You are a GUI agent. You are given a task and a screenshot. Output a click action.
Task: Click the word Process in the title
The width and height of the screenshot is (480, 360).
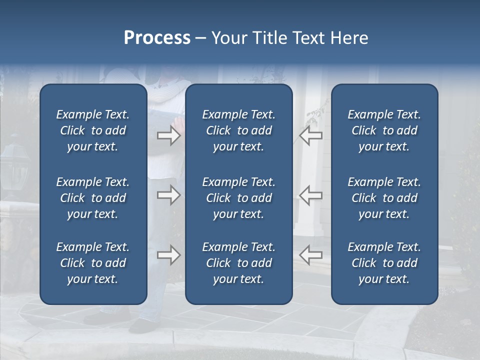157,38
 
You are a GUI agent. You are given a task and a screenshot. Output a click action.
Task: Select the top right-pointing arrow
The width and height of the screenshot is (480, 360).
168,135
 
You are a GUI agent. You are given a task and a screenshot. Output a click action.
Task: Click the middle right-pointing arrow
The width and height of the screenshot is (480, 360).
168,195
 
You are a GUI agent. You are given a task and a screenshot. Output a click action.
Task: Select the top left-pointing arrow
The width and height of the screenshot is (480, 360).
311,135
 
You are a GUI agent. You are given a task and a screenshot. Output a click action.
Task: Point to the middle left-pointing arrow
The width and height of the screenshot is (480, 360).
311,195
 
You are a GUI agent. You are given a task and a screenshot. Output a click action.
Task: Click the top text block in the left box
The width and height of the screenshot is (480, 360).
93,130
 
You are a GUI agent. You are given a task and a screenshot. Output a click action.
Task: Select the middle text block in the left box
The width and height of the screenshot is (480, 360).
93,198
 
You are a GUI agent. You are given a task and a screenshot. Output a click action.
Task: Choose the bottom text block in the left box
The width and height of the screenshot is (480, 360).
93,263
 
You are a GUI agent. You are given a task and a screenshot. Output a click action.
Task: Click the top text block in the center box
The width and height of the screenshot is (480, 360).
239,130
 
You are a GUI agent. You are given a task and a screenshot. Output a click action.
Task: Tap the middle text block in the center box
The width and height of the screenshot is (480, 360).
239,198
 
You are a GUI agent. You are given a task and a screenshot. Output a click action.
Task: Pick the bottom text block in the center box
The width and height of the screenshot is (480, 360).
239,263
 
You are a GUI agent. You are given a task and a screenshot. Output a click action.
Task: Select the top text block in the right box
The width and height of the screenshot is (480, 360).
384,130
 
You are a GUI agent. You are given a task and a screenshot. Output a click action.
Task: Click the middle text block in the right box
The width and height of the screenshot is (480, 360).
384,198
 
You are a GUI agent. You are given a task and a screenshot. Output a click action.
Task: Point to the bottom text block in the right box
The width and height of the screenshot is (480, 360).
384,263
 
